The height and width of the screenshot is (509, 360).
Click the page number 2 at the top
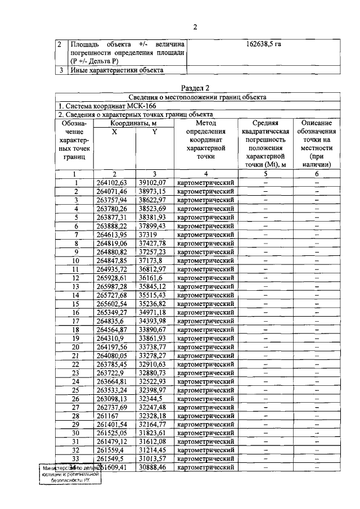pos(196,27)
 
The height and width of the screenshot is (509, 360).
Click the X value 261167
pos(108,416)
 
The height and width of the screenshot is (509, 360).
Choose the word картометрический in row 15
pos(205,304)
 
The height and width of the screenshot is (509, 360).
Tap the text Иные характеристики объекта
pos(117,70)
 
